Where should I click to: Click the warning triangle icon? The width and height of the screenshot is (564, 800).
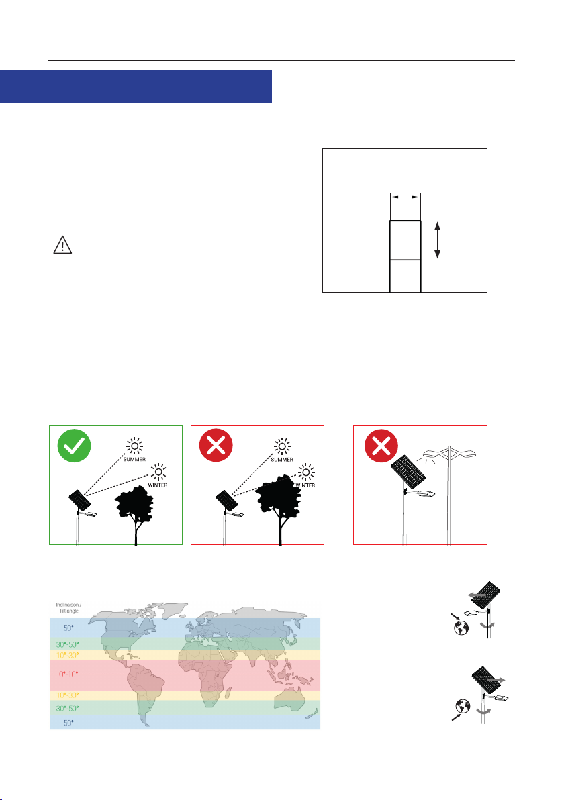pyautogui.click(x=62, y=245)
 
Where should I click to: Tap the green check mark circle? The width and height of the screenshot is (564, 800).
pyautogui.click(x=74, y=446)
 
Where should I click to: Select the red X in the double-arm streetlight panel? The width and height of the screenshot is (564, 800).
pyautogui.click(x=381, y=446)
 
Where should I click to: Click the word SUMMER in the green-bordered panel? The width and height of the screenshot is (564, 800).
pyautogui.click(x=134, y=459)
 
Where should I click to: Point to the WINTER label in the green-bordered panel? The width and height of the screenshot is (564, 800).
pyautogui.click(x=158, y=485)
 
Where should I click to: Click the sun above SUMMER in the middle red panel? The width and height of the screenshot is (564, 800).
pyautogui.click(x=282, y=446)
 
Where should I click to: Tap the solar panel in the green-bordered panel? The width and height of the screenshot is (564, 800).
pyautogui.click(x=80, y=501)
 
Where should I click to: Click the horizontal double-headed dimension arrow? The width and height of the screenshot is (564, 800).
pyautogui.click(x=406, y=196)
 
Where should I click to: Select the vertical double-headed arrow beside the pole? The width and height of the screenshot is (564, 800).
pyautogui.click(x=437, y=240)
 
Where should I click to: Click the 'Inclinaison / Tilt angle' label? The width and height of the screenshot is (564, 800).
pyautogui.click(x=69, y=607)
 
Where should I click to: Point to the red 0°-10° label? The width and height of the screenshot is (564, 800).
pyautogui.click(x=68, y=674)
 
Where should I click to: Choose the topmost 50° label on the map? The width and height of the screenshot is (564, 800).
pyautogui.click(x=68, y=628)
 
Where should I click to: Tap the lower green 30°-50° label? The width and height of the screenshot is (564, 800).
pyautogui.click(x=67, y=709)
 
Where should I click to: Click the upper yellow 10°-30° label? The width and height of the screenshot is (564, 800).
pyautogui.click(x=67, y=655)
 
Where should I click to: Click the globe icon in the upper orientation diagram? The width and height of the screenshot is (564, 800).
pyautogui.click(x=461, y=628)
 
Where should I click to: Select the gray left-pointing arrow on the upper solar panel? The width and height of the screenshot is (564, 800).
pyautogui.click(x=477, y=595)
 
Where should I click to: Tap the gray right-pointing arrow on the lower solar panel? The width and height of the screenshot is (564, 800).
pyautogui.click(x=496, y=680)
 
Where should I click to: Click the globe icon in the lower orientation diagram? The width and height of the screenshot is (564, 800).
pyautogui.click(x=463, y=707)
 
